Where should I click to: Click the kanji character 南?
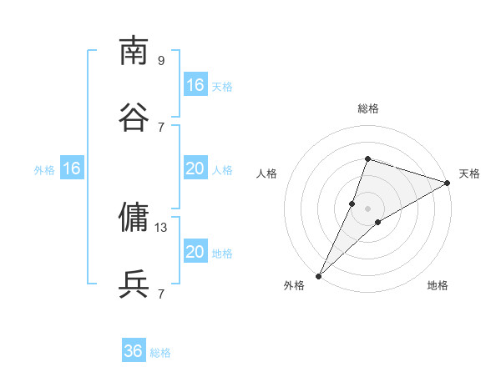(x=134, y=51)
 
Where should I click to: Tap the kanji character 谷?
(x=134, y=118)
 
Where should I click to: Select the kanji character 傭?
(x=134, y=218)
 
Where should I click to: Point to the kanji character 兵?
(x=134, y=284)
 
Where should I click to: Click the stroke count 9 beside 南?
(x=161, y=60)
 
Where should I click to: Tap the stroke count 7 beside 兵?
(x=161, y=294)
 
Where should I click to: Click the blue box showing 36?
(x=134, y=351)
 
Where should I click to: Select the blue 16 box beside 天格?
(x=195, y=85)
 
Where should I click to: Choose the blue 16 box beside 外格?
(x=72, y=168)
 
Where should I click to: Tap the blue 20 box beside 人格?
(x=195, y=168)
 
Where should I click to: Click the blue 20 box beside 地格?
(x=195, y=252)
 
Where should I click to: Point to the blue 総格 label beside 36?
(x=160, y=353)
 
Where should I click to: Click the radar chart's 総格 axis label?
(x=367, y=108)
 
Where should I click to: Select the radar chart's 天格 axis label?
(x=469, y=173)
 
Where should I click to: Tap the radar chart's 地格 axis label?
(x=438, y=285)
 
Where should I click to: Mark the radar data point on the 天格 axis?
(x=447, y=183)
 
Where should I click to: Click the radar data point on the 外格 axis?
(x=318, y=275)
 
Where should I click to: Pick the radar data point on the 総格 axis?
(x=367, y=158)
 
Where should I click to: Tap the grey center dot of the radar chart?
(x=367, y=208)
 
